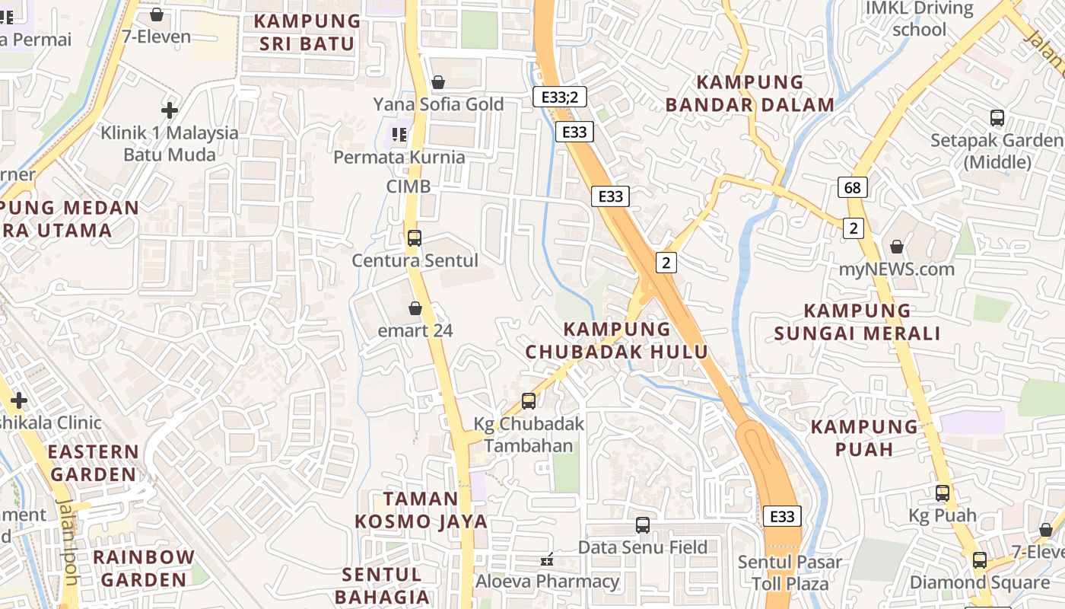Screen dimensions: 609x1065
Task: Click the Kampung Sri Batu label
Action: (308, 32)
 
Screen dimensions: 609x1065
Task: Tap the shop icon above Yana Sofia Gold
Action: (438, 82)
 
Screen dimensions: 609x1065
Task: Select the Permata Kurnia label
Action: (399, 157)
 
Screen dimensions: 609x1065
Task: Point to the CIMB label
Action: (409, 187)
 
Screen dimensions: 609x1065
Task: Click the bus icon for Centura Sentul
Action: (415, 238)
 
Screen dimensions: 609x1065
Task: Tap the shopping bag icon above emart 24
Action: (415, 308)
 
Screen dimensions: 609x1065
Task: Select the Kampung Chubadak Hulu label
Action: (617, 340)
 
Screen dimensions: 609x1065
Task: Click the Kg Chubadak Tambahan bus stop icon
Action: (529, 401)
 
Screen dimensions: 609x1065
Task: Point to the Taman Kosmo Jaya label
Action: (421, 510)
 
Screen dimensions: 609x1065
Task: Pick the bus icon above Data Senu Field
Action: (643, 525)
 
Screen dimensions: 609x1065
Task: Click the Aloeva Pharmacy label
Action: (548, 582)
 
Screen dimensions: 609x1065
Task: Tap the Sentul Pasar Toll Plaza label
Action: (790, 573)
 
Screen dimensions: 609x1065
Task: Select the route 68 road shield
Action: (854, 187)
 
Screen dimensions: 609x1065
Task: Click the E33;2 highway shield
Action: (559, 97)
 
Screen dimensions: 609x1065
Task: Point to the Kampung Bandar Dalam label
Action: (750, 93)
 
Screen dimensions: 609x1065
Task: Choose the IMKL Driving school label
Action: (920, 19)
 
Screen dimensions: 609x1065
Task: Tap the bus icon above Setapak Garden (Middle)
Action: (997, 118)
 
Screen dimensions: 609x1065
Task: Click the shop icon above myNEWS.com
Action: (897, 247)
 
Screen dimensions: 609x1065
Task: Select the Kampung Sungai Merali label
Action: (857, 321)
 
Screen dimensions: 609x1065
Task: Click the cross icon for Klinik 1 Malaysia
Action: (170, 111)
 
